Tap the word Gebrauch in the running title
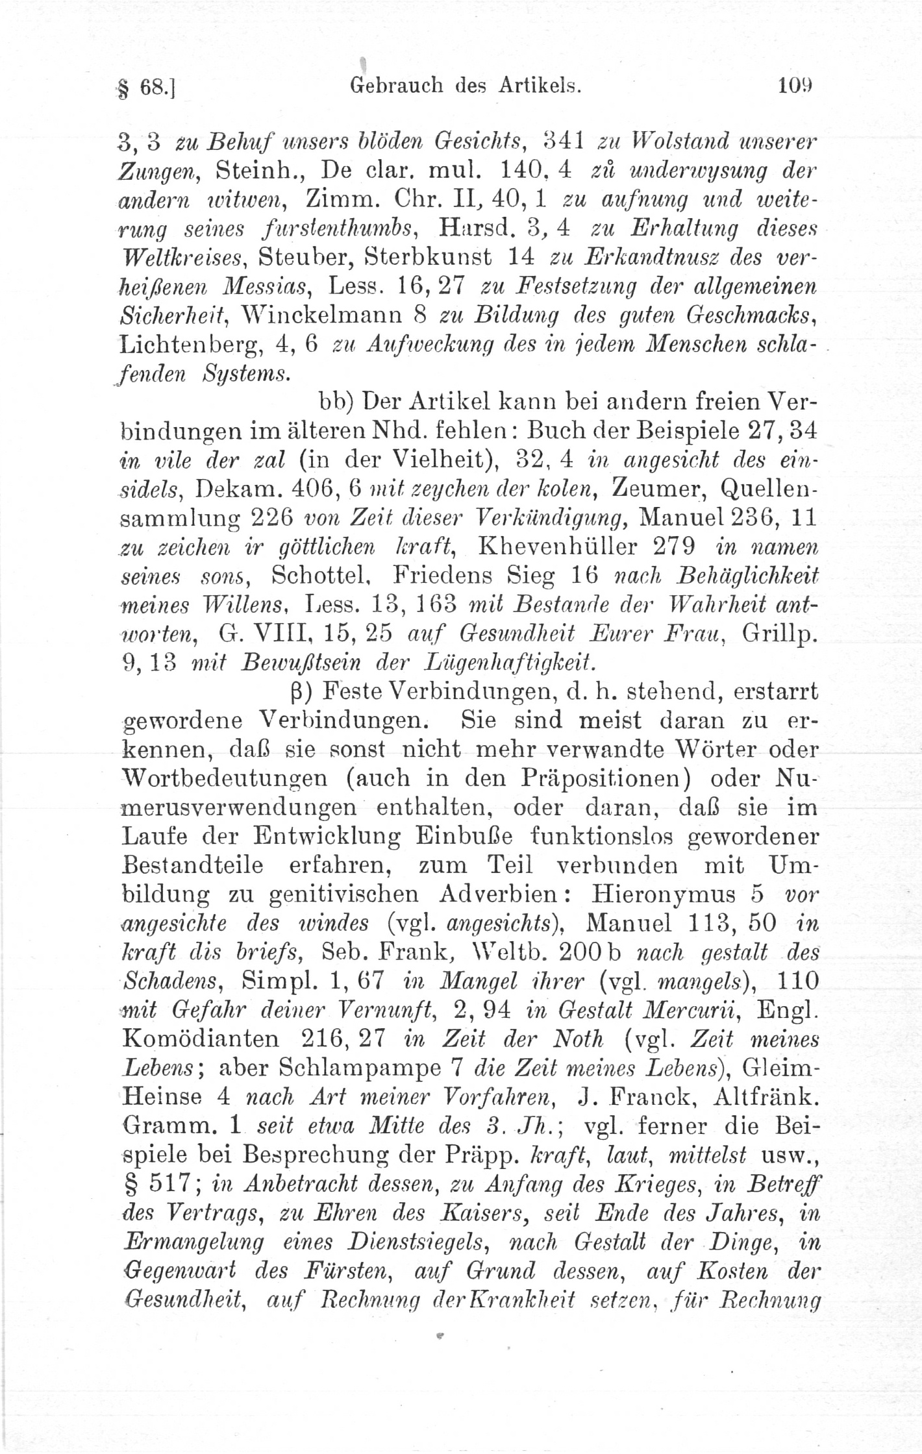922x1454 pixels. click(x=397, y=84)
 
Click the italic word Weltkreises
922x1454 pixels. click(x=182, y=258)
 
